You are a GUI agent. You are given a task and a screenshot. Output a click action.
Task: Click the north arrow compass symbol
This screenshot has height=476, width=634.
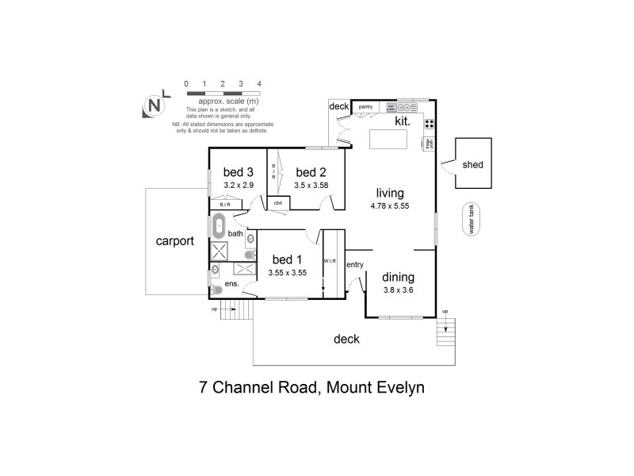(x=155, y=105)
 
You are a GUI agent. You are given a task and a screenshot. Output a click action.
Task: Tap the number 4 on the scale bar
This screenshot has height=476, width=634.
(x=259, y=83)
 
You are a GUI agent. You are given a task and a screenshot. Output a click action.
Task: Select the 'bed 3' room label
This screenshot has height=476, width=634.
(x=238, y=172)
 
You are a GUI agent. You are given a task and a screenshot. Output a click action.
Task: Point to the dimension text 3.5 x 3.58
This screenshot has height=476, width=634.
(x=311, y=185)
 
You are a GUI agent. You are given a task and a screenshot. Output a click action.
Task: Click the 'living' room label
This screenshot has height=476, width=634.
(x=390, y=193)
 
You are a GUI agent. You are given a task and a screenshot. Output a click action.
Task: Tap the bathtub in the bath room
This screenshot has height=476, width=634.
(x=220, y=226)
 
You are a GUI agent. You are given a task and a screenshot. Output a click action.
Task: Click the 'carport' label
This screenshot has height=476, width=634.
(x=174, y=241)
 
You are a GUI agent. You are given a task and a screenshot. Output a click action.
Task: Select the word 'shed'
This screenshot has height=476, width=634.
(x=473, y=165)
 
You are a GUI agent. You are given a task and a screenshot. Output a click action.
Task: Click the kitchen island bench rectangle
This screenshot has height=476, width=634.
(x=388, y=140)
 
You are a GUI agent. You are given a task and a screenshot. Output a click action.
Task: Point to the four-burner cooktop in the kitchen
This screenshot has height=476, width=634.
(x=429, y=123)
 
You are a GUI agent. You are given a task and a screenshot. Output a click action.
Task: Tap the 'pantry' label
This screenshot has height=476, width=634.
(x=365, y=106)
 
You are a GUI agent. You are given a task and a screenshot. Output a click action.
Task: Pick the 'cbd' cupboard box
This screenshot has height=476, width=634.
(x=278, y=202)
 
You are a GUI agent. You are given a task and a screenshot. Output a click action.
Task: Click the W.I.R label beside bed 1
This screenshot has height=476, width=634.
(x=330, y=260)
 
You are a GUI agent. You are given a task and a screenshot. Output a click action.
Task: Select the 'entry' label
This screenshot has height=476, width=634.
(x=354, y=265)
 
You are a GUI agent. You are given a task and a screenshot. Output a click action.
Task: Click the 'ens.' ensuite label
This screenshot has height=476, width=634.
(x=233, y=283)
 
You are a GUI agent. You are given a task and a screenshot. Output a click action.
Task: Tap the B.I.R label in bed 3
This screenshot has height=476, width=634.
(x=224, y=205)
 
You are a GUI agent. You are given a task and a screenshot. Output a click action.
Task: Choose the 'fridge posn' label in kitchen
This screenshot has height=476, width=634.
(x=429, y=144)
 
